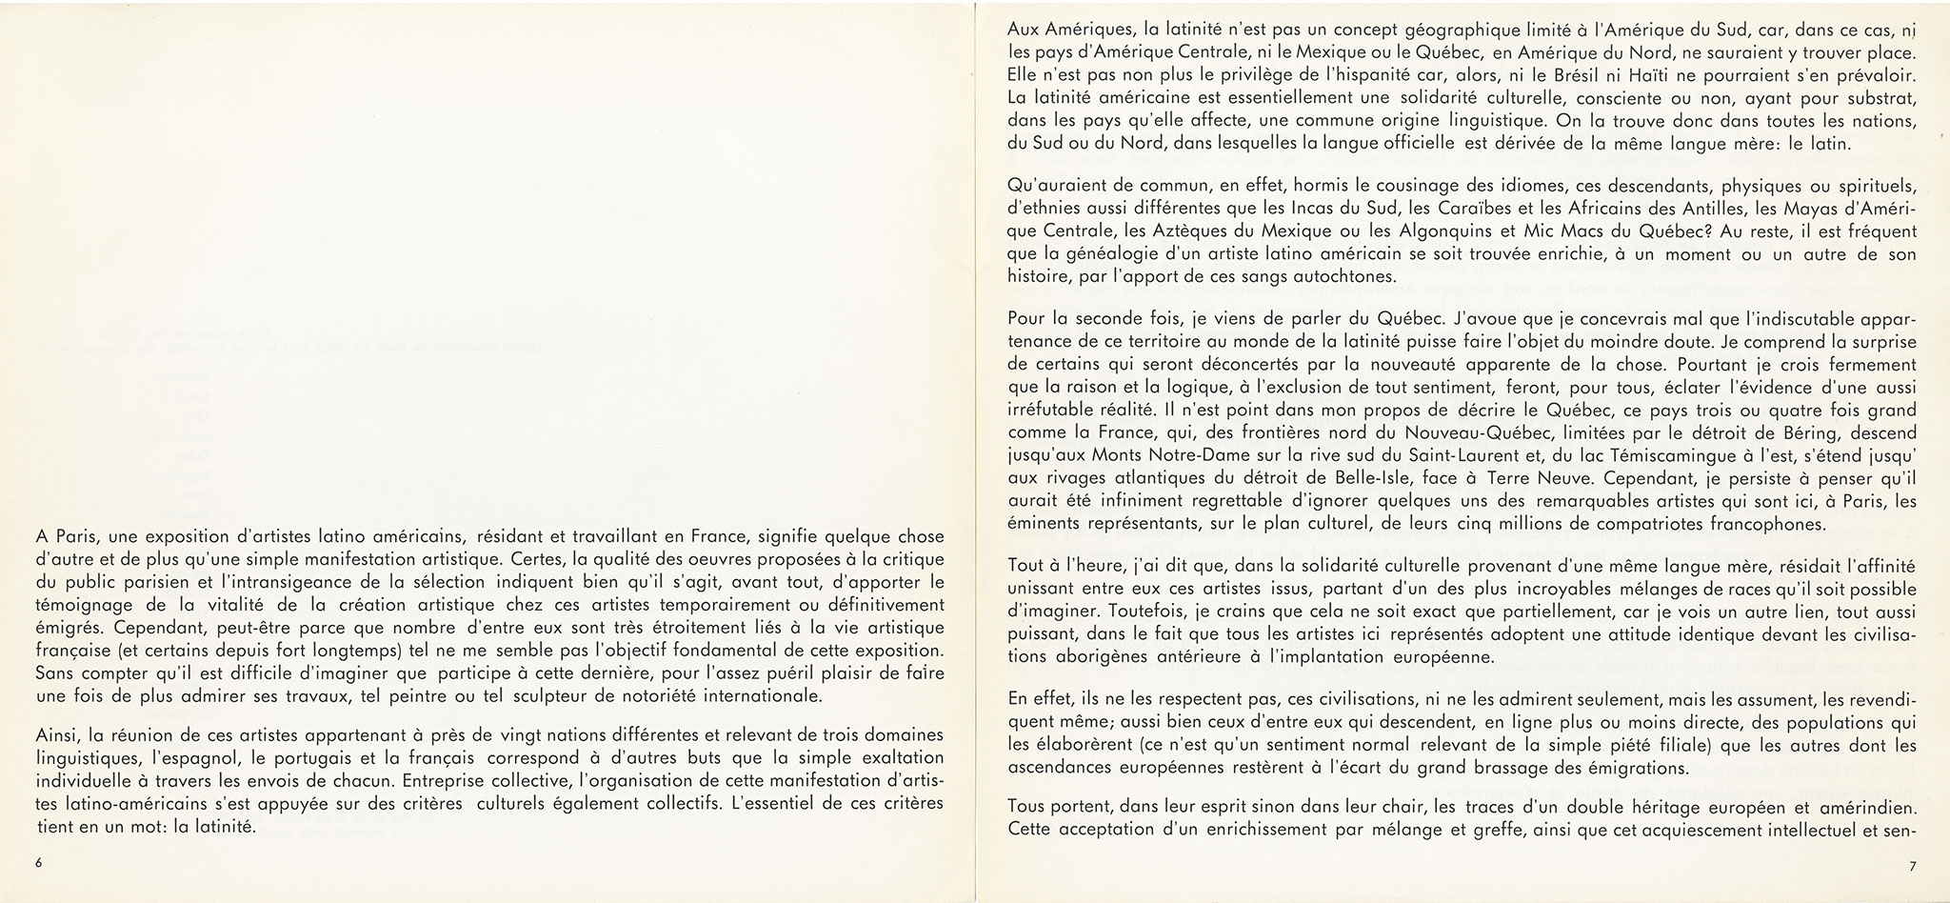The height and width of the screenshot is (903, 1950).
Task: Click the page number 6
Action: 38,863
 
